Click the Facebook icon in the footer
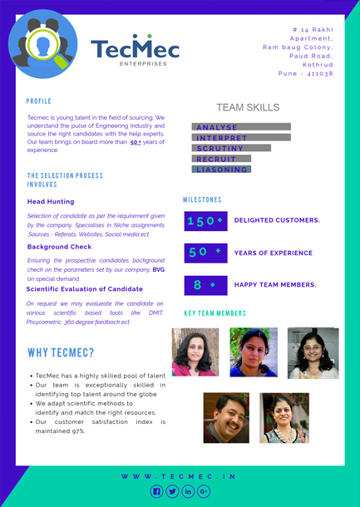155,491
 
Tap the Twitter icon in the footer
172,491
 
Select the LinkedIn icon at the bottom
188,491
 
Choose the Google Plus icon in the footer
204,491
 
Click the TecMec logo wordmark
135,50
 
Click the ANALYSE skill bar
241,127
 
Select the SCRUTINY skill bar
232,148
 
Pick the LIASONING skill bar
221,170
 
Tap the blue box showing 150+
205,221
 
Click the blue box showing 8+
205,285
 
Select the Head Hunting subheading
51,201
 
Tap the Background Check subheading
59,247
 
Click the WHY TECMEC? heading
61,352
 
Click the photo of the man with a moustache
226,418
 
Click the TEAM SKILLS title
248,107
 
